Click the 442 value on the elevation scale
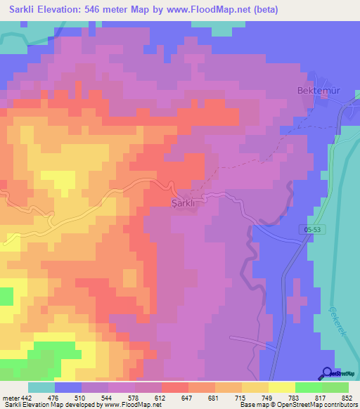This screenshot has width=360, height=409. tap(27, 398)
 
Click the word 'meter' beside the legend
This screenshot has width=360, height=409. tap(10, 398)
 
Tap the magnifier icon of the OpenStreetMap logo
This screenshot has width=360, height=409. tap(328, 373)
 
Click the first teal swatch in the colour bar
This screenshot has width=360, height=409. tap(41, 387)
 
